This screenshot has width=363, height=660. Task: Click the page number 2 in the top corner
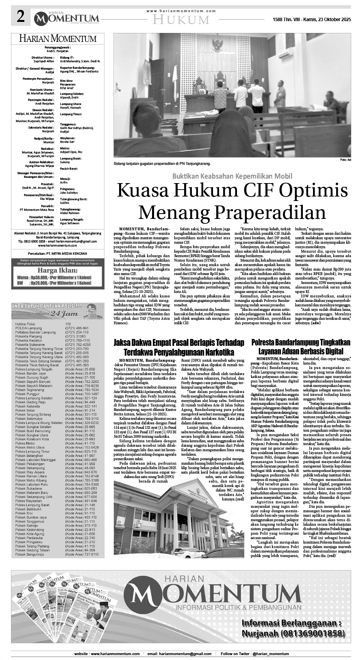pos(20,17)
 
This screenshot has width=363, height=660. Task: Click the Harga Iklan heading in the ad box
pos(57,271)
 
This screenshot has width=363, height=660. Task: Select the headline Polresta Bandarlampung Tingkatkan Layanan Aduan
pos(301,347)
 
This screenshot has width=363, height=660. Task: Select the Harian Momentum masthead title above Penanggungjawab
pos(57,39)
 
